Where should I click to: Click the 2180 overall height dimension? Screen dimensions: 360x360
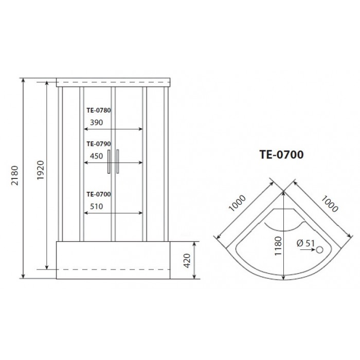(15, 176)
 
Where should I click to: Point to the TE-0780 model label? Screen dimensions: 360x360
(99, 110)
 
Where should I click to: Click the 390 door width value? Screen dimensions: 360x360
(97, 122)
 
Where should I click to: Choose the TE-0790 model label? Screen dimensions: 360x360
(99, 144)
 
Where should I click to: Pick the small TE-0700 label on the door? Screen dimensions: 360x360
(99, 194)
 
